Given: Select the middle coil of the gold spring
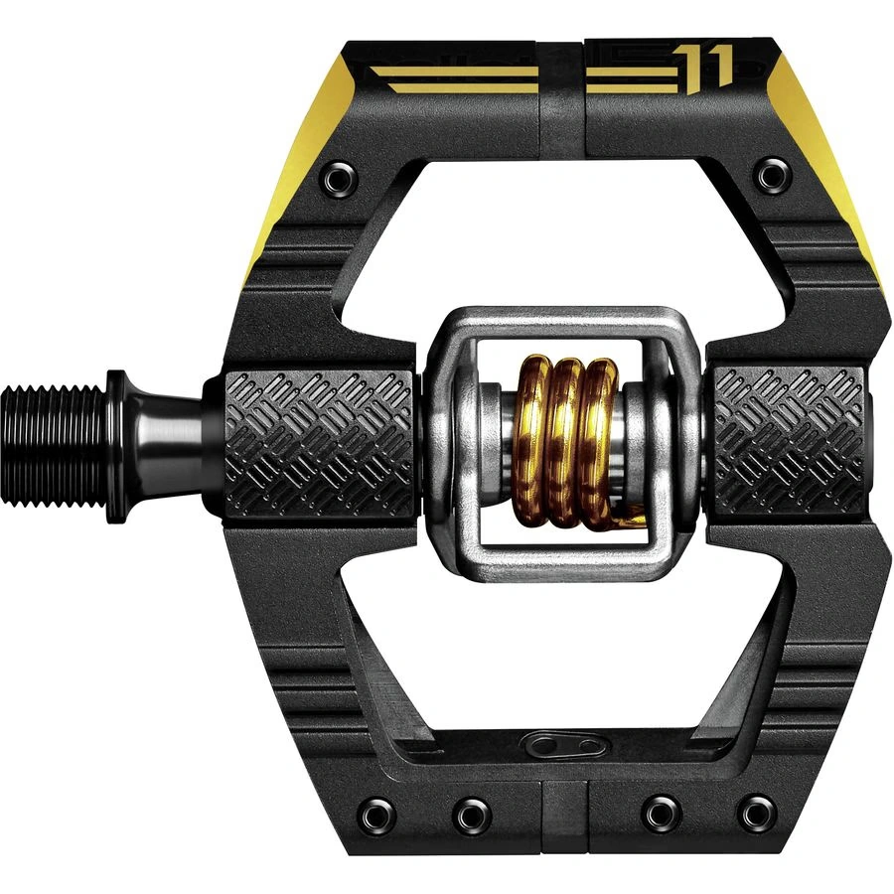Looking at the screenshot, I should pyautogui.click(x=565, y=442).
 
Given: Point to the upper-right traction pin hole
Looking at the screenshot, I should pyautogui.click(x=767, y=177).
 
